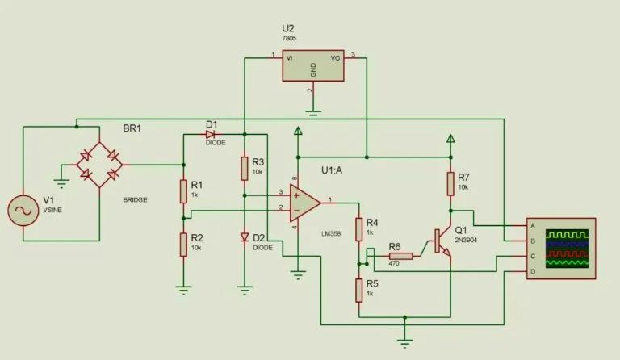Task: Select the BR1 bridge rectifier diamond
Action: (98, 165)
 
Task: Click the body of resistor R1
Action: (184, 191)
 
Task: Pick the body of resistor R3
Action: (244, 168)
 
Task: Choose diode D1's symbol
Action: (211, 133)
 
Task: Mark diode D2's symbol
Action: (244, 237)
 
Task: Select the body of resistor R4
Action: (358, 228)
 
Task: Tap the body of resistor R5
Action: (358, 289)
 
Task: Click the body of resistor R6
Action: (401, 257)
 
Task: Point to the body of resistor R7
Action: (450, 184)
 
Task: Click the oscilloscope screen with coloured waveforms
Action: (568, 248)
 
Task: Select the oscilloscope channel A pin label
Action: (532, 225)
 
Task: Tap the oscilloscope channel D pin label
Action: (532, 271)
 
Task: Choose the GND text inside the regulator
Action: (313, 70)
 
